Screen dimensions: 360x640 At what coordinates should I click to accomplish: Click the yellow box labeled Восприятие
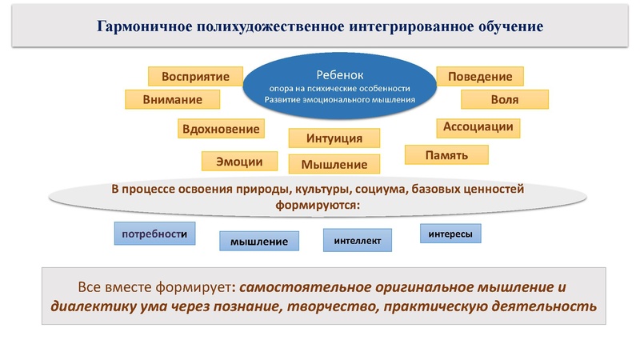pos(195,77)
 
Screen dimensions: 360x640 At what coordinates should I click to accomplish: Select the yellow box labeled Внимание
pos(172,99)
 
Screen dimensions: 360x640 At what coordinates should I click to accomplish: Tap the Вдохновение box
pos(221,129)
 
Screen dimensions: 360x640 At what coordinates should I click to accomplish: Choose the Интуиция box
pos(334,138)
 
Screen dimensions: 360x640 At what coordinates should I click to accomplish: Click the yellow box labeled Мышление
pos(334,164)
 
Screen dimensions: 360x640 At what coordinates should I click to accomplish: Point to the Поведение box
pos(480,76)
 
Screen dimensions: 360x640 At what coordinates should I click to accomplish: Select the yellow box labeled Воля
pos(504,99)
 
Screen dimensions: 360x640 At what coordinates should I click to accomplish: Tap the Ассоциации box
pos(479,127)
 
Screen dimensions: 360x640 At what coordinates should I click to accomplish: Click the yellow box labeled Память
pos(446,154)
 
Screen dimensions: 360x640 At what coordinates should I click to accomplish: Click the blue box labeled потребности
pos(154,234)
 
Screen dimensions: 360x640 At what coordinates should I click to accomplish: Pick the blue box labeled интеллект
pos(358,239)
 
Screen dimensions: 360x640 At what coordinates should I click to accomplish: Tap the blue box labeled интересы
pos(450,234)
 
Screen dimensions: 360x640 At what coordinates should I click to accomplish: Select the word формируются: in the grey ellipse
pos(318,205)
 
